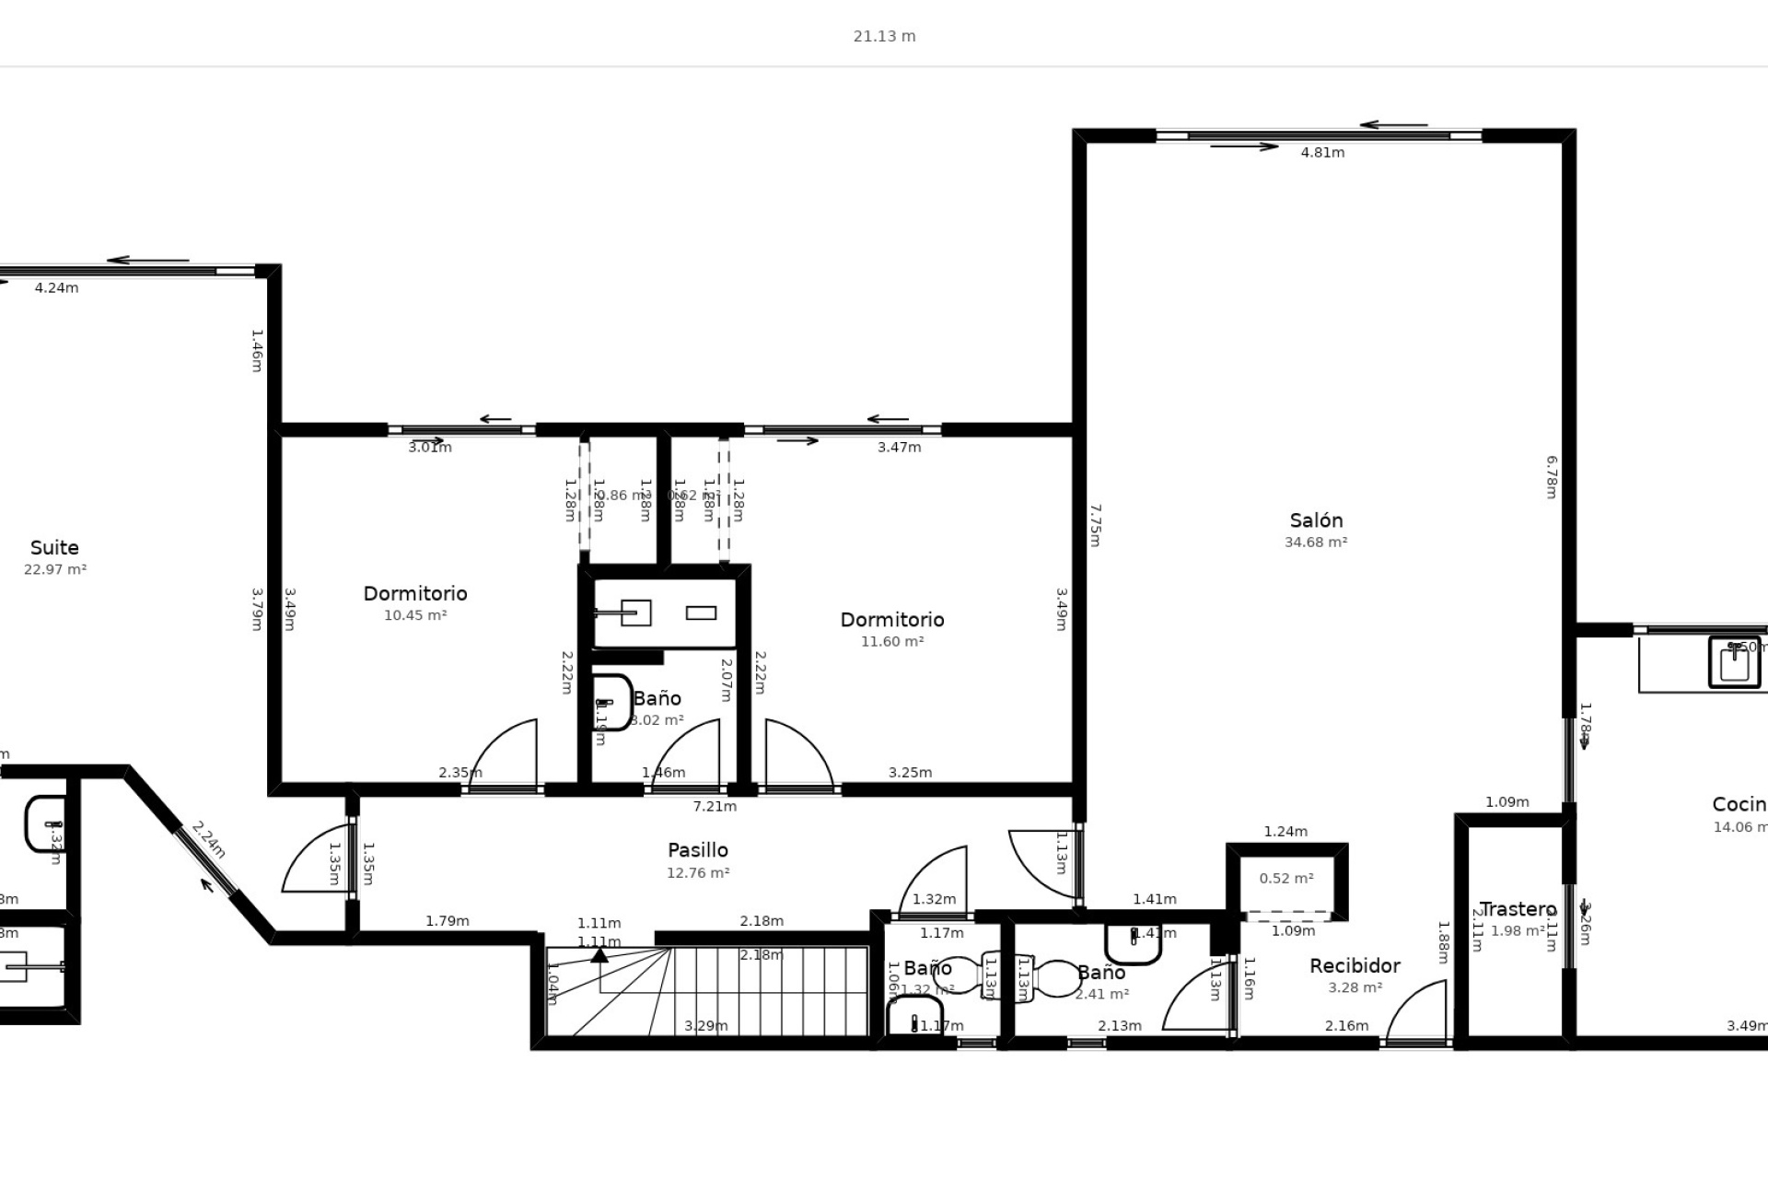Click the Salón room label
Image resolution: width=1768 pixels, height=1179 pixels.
[x=1316, y=520]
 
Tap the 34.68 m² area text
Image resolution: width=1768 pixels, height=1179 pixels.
[x=1316, y=543]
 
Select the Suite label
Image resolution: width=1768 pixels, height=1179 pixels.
[x=54, y=548]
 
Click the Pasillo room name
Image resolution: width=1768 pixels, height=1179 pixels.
[x=697, y=850]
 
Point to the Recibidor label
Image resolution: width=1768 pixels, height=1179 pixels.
[x=1355, y=965]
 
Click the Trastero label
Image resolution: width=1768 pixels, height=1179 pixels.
[x=1518, y=909]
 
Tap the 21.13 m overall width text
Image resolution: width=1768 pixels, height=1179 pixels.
[x=884, y=37]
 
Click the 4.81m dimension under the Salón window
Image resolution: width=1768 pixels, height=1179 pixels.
[x=1322, y=153]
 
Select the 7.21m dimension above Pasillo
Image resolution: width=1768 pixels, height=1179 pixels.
[x=715, y=807]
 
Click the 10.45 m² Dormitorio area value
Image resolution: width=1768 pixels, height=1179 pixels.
[x=415, y=615]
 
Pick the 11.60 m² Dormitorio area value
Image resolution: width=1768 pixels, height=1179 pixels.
[x=892, y=642]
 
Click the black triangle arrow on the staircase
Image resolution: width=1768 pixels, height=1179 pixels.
[x=599, y=955]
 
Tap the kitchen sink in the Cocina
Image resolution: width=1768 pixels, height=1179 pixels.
[x=1734, y=662]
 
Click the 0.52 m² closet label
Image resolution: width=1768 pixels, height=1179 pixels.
[x=1286, y=879]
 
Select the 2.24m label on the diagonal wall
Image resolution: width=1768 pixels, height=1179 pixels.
[x=208, y=840]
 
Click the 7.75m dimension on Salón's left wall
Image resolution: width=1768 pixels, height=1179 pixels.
[x=1095, y=525]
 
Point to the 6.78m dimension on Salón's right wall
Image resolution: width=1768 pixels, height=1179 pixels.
[x=1551, y=477]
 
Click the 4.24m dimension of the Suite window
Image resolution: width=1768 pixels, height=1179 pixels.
[x=56, y=288]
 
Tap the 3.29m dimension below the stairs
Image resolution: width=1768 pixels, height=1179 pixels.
[x=705, y=1026]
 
